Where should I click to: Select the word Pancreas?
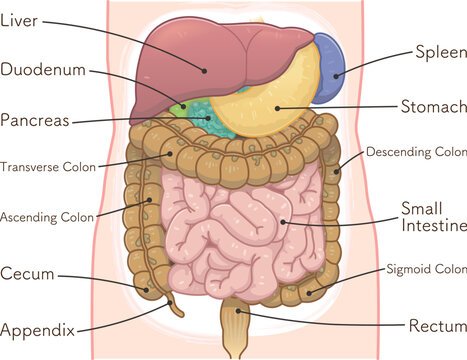pyautogui.click(x=35, y=121)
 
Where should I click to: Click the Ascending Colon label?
pyautogui.click(x=47, y=216)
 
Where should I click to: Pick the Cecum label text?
pyautogui.click(x=27, y=273)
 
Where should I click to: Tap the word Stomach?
pyautogui.click(x=432, y=106)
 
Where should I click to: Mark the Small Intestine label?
pyautogui.click(x=432, y=217)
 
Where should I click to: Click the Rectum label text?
pyautogui.click(x=437, y=326)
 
